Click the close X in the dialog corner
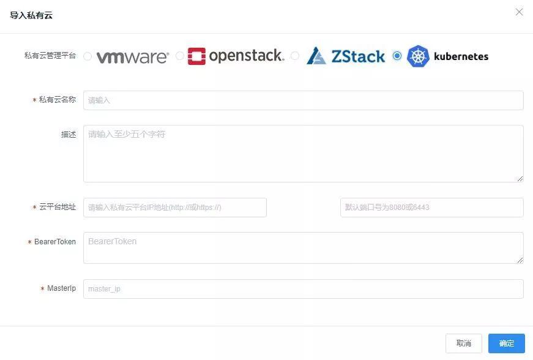tap(519, 12)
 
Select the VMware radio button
tap(88, 56)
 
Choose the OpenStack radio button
tap(180, 56)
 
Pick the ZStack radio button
tap(295, 56)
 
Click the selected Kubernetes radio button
tap(397, 56)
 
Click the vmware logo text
tap(132, 57)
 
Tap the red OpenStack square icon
tap(196, 56)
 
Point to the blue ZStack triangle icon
tap(316, 56)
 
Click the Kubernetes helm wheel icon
tap(419, 56)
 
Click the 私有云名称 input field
tap(303, 100)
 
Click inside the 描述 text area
tap(303, 153)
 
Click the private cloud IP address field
tap(175, 208)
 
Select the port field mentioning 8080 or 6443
tap(431, 208)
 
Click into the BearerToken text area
tap(303, 248)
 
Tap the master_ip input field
tap(303, 289)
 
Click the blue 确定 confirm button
tap(506, 343)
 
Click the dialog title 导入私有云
tap(31, 15)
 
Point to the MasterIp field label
tap(61, 288)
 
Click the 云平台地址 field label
tap(58, 207)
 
